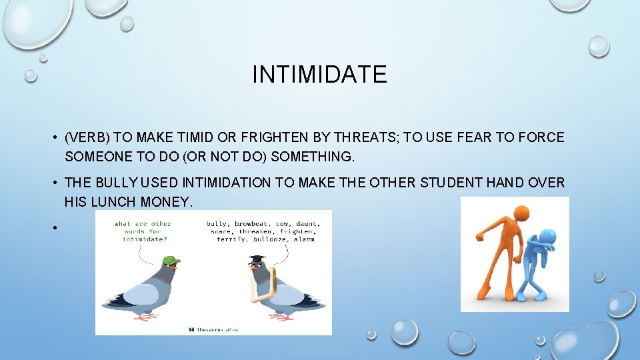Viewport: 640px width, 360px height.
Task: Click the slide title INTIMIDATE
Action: pyautogui.click(x=319, y=74)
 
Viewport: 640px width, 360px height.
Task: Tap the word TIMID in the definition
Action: pyautogui.click(x=195, y=138)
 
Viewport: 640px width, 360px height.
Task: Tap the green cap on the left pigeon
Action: pyautogui.click(x=171, y=261)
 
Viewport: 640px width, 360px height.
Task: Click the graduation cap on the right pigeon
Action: pyautogui.click(x=257, y=259)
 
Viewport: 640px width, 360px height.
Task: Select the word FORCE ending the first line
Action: pyautogui.click(x=543, y=138)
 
